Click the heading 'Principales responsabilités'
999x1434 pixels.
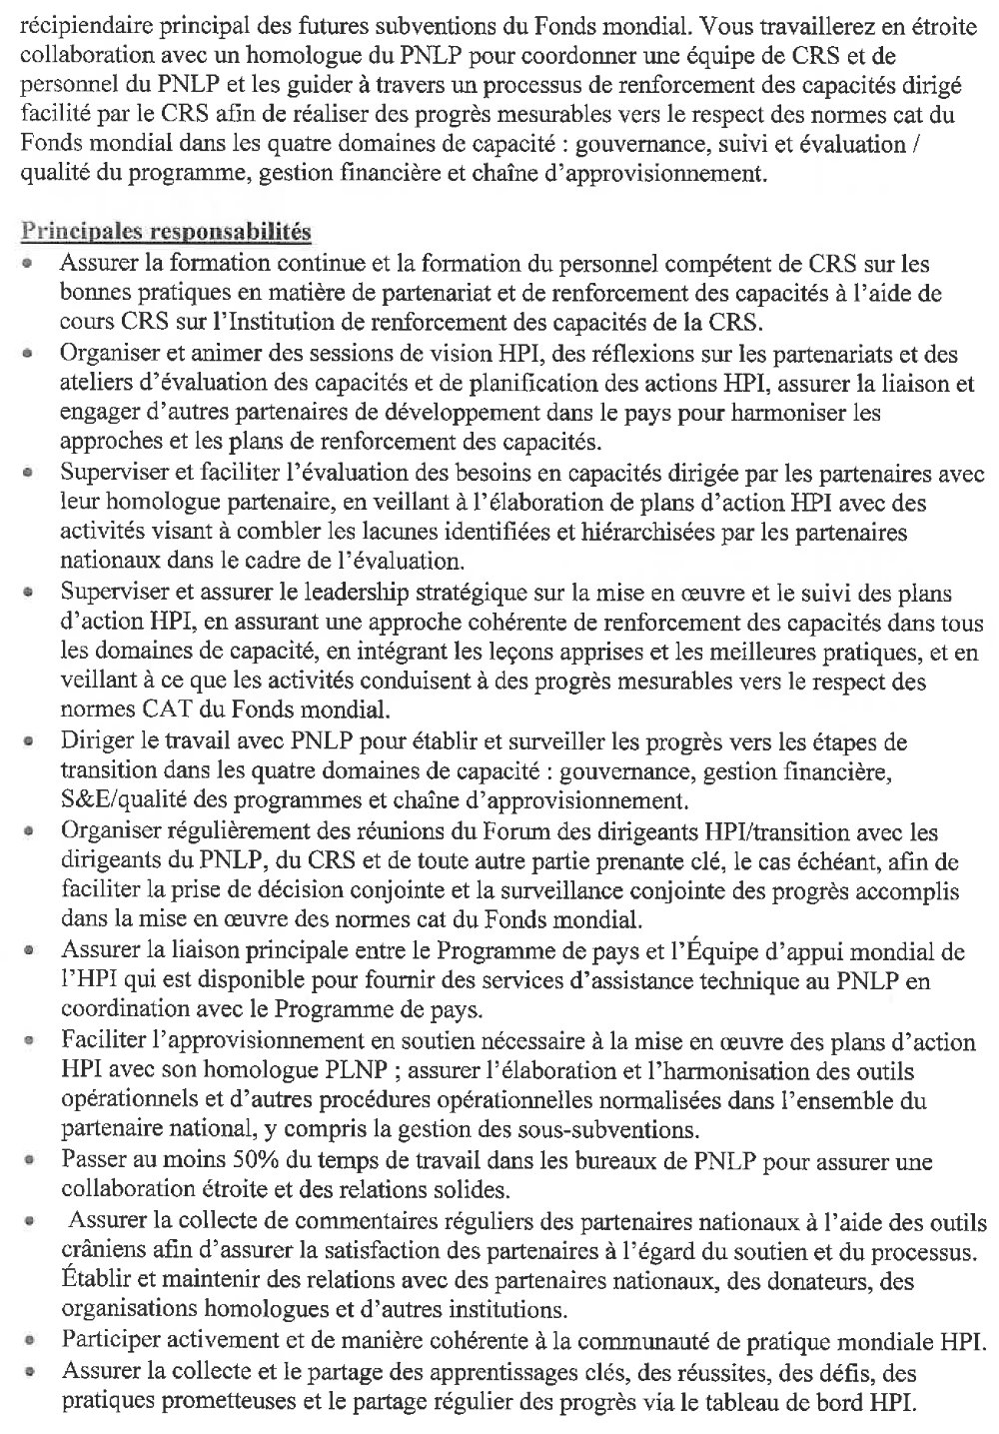click(166, 233)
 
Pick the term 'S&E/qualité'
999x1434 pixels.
click(117, 800)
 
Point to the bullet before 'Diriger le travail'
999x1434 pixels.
click(32, 744)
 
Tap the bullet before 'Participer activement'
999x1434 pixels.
click(32, 1343)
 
